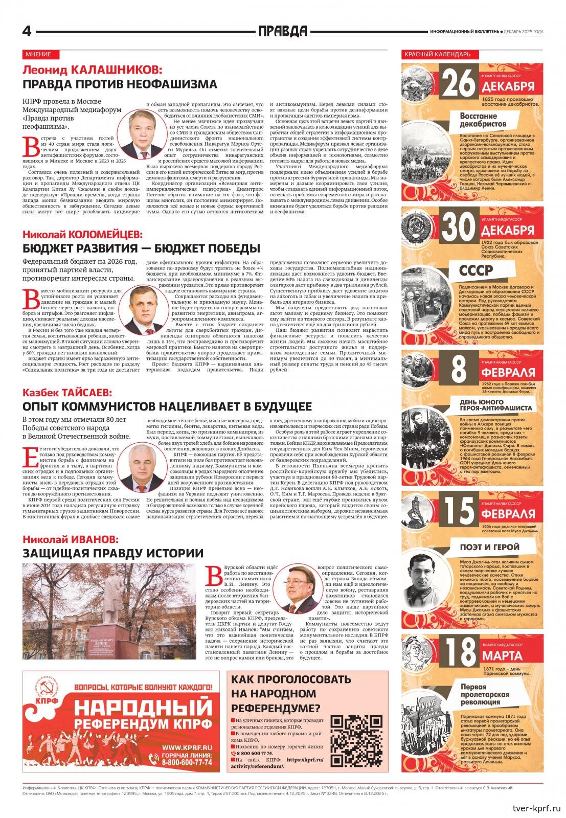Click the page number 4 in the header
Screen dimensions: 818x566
[27, 32]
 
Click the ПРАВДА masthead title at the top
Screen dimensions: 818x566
[283, 32]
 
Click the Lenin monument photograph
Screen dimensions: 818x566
[109, 611]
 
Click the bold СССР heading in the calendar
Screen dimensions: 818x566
[476, 270]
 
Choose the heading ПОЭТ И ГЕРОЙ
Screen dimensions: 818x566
[489, 547]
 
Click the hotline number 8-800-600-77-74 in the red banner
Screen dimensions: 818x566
[187, 762]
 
